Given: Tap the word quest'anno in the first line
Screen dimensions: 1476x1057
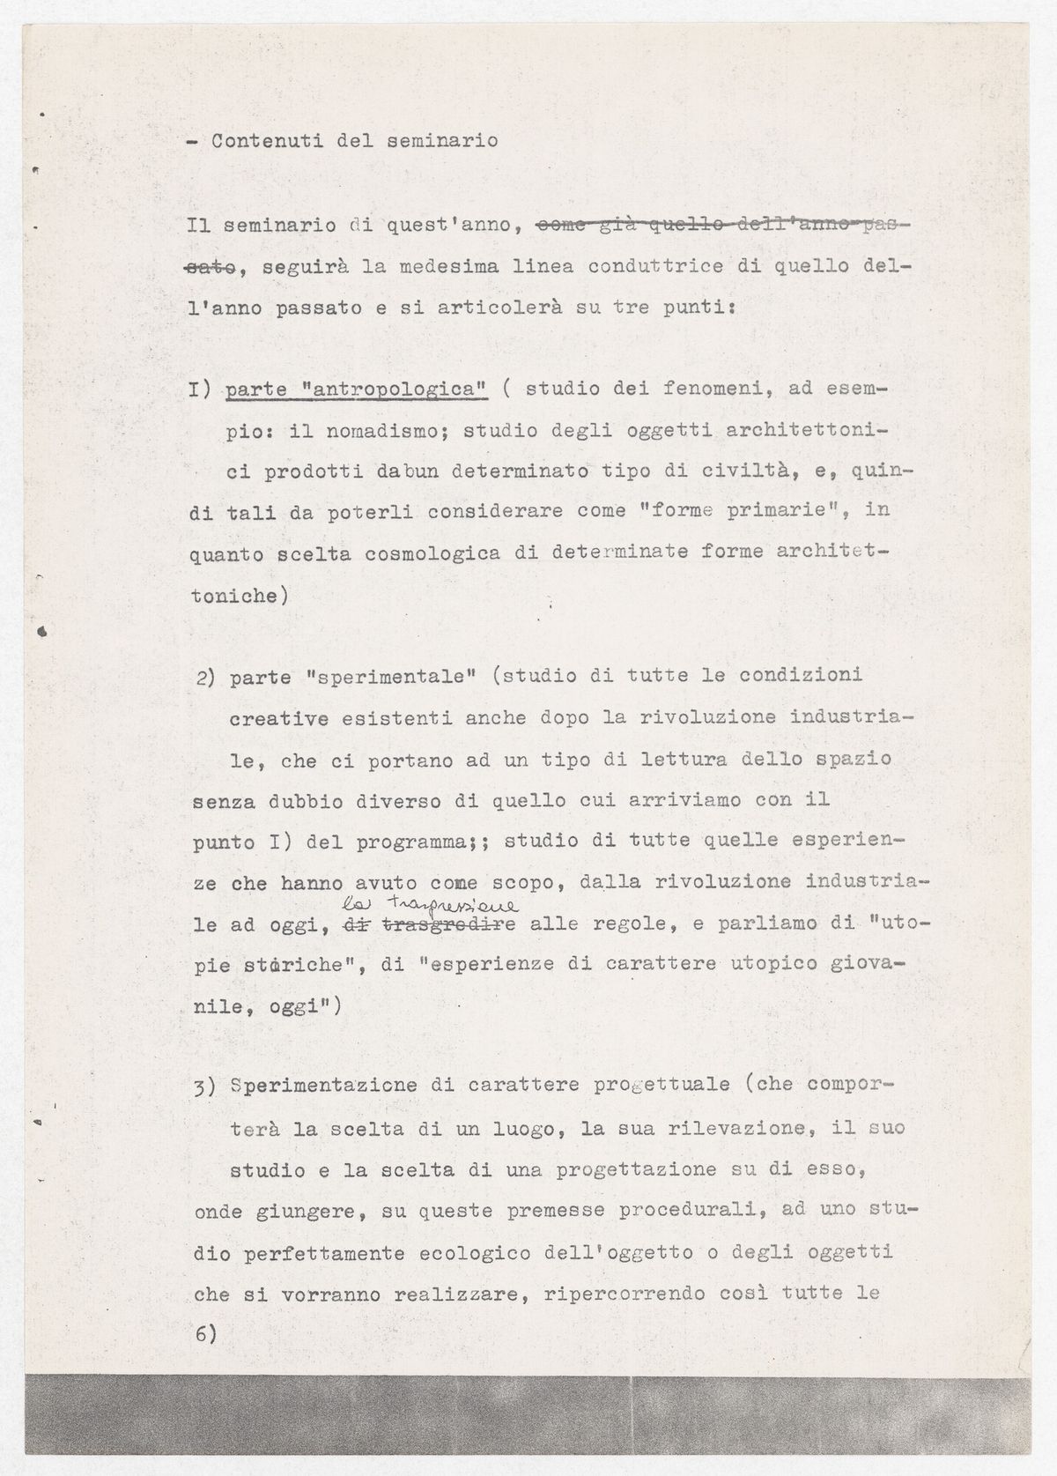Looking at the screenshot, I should (448, 225).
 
